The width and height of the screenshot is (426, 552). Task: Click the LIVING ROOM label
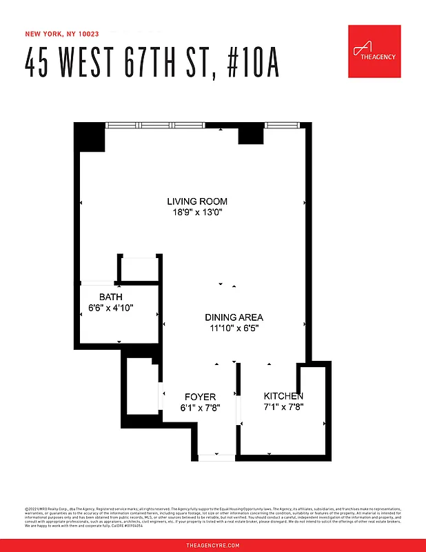tap(196, 201)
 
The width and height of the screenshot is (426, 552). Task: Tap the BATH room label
tap(110, 297)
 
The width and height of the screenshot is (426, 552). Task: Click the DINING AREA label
tap(234, 317)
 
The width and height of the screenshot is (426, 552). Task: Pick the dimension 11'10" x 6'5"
tap(234, 328)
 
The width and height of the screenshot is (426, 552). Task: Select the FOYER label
tap(200, 397)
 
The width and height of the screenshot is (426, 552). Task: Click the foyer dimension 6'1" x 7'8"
tap(200, 407)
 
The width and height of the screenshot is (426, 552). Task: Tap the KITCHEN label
tap(283, 396)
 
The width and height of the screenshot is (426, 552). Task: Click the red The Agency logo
tap(374, 51)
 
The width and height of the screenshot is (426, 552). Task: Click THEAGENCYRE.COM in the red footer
tap(213, 545)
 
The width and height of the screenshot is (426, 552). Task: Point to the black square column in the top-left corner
tap(90, 137)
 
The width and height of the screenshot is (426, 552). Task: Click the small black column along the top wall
tap(251, 135)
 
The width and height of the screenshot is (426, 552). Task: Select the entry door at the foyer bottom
tap(216, 457)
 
